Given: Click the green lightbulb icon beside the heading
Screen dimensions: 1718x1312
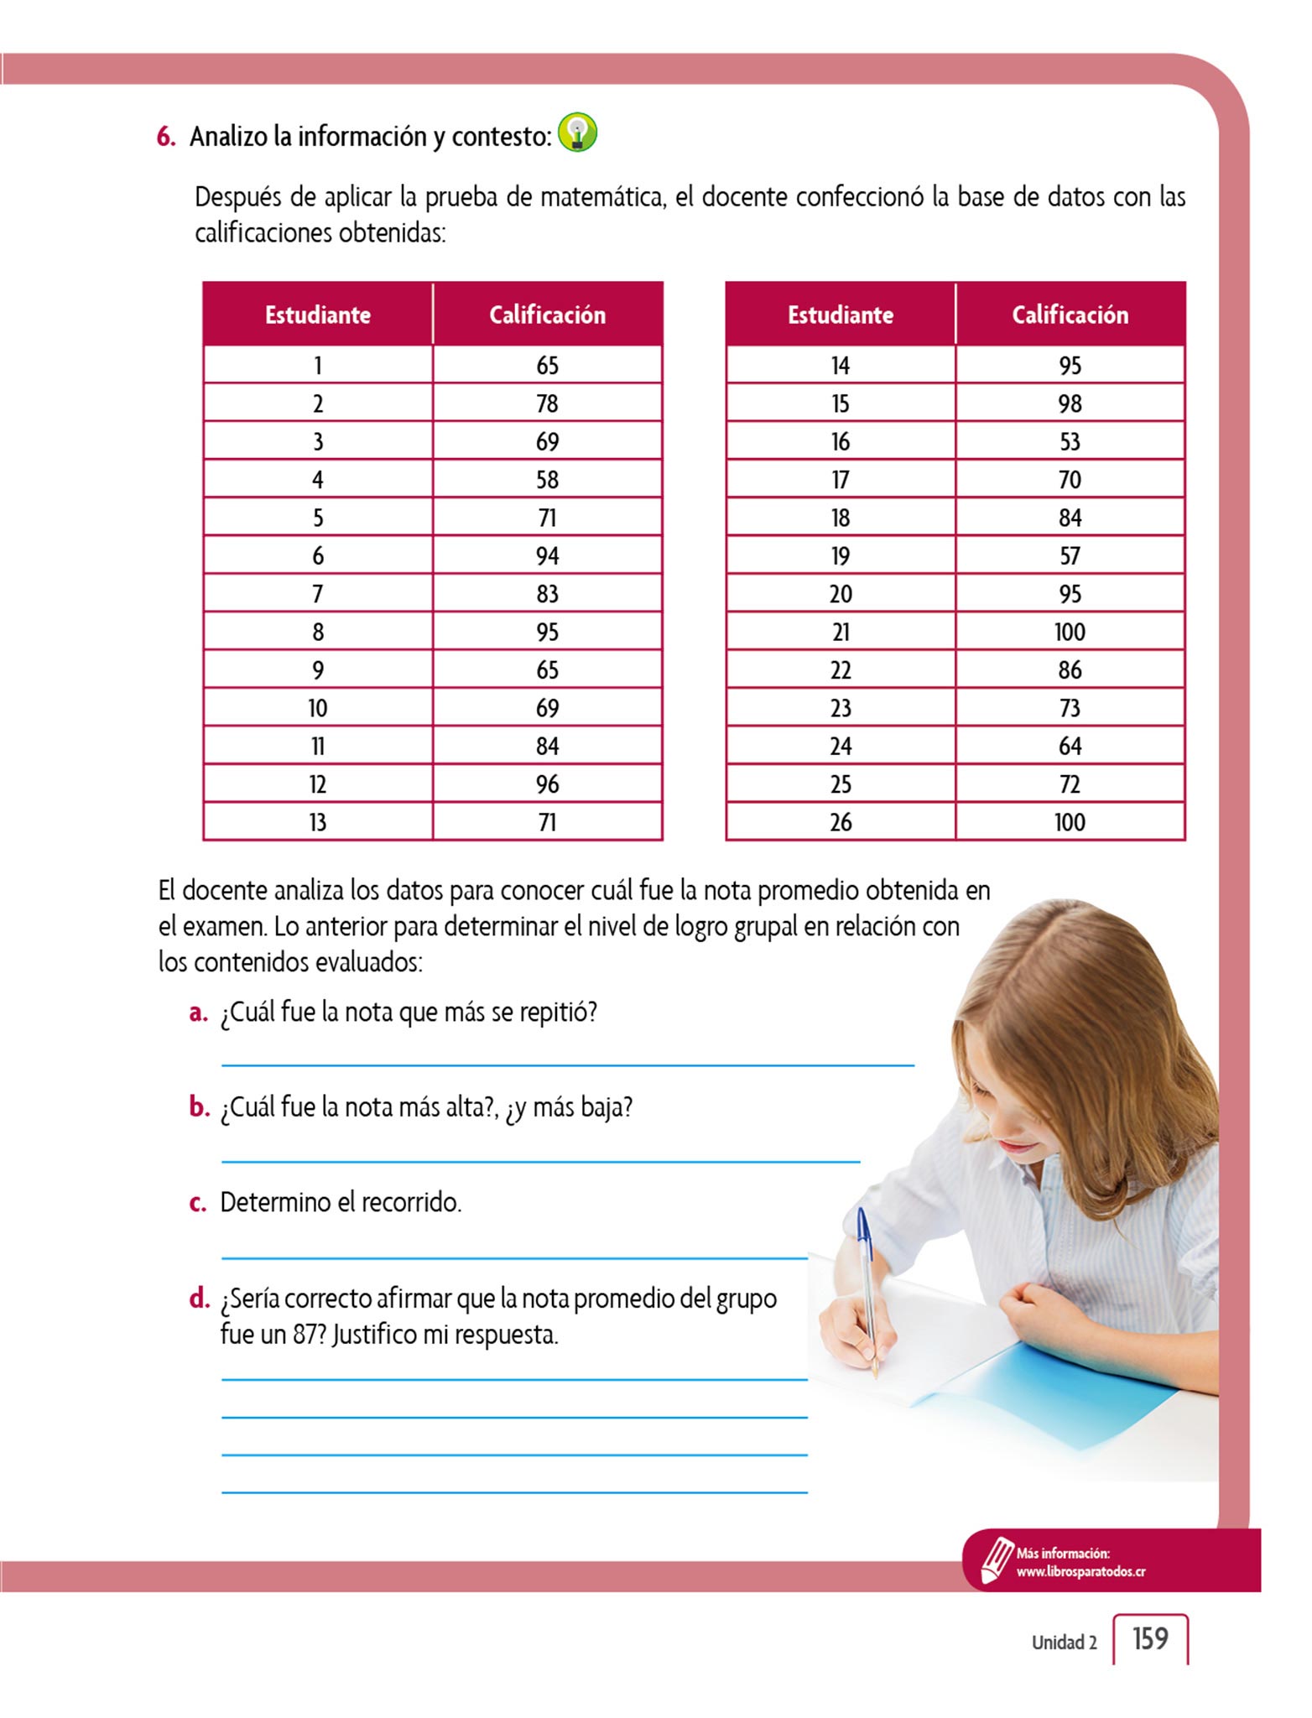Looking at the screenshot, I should tap(577, 133).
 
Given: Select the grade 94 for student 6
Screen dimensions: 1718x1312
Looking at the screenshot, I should tap(547, 555).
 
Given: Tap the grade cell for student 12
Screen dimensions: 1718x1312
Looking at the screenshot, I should tap(547, 784).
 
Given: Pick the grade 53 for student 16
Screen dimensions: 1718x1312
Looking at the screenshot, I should tap(1070, 441).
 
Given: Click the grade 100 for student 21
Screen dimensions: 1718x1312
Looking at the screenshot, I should tap(1070, 632).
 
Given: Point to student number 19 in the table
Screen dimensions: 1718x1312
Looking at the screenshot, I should tap(840, 555).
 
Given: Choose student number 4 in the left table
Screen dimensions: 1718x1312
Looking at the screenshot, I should tap(317, 480).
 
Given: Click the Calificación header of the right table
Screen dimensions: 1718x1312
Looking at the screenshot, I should tap(1070, 315).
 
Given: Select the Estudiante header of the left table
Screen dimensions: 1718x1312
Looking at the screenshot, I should tap(317, 315).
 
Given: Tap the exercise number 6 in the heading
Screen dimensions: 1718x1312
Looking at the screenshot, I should tap(165, 137).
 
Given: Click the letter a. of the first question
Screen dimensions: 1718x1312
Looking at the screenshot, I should tap(198, 1013).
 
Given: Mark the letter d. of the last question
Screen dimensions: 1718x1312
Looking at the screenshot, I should tap(199, 1299).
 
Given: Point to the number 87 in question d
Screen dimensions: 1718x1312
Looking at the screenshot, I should tap(308, 1335).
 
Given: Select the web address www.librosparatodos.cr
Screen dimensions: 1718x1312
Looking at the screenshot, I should tap(1080, 1572).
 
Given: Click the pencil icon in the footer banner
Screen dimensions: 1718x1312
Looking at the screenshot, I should tap(996, 1559).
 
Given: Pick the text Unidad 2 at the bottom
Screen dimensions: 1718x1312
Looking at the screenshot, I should tap(1064, 1643).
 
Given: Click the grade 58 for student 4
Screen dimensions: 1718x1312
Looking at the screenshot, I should tap(547, 480).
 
